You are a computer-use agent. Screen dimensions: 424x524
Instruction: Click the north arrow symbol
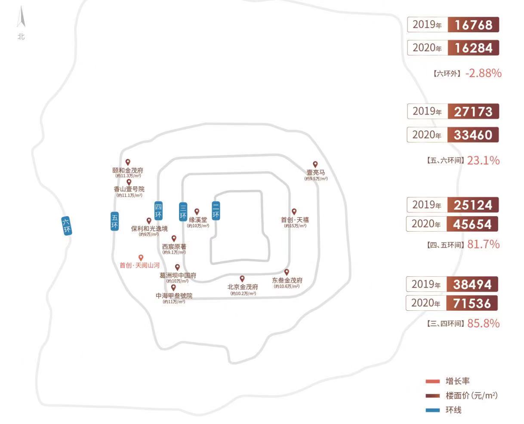[21, 19]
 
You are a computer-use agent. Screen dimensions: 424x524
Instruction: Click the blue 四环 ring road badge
[158, 211]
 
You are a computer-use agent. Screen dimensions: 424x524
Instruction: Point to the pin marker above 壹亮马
[315, 164]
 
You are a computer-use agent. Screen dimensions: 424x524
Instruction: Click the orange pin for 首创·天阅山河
[141, 257]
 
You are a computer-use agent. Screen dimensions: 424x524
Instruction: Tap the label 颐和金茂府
[128, 170]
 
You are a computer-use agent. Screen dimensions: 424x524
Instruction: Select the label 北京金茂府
[243, 287]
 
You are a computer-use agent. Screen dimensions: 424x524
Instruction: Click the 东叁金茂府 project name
[287, 280]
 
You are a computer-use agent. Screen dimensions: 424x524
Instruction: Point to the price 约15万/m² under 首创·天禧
[295, 226]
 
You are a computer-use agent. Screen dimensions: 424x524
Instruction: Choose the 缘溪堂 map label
[198, 220]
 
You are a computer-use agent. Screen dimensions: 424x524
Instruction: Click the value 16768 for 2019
[473, 25]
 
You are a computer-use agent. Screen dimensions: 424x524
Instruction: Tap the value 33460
[473, 135]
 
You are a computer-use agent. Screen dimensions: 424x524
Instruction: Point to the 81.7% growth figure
[483, 244]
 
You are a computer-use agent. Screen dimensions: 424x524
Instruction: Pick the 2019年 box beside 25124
[427, 205]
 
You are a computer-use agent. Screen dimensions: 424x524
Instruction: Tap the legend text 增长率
[458, 381]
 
